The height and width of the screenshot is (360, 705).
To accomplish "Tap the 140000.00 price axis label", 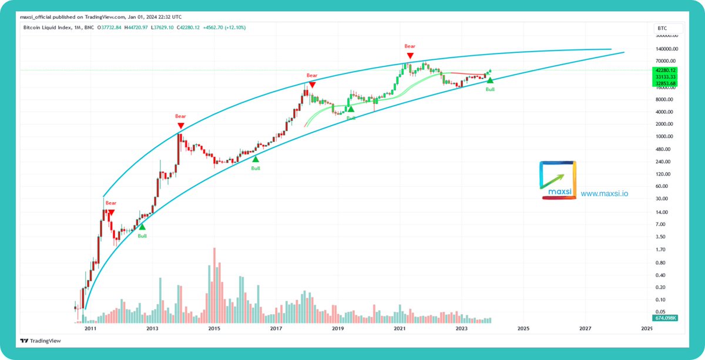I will click(x=667, y=49).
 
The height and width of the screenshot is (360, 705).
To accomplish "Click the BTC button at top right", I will click(x=662, y=28).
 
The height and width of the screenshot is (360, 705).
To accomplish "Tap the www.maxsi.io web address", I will click(x=605, y=193).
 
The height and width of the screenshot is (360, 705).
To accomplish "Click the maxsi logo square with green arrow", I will click(x=557, y=180).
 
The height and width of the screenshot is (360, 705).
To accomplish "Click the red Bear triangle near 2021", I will click(x=410, y=55).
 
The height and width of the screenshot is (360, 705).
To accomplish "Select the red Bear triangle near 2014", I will click(x=181, y=126).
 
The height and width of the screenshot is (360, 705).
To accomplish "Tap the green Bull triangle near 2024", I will click(x=490, y=80).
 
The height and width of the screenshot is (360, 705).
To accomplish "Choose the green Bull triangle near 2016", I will click(x=256, y=159).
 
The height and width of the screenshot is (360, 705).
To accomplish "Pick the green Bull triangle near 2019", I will click(x=351, y=109).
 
